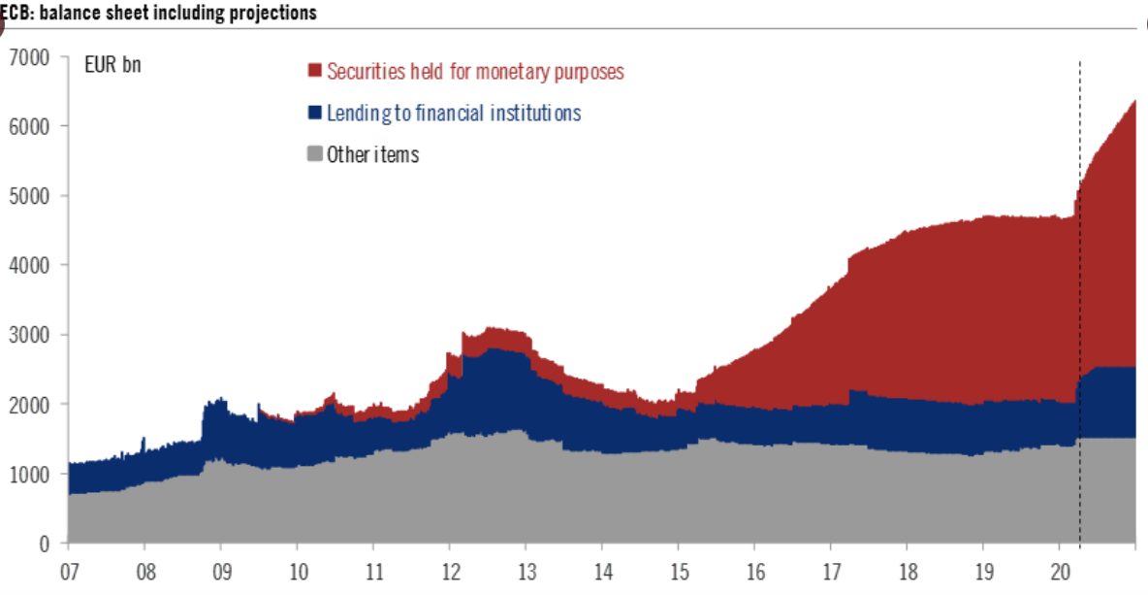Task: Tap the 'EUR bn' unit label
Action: [x=112, y=66]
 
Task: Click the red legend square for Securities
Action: [x=314, y=71]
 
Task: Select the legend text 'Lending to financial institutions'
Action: [x=454, y=113]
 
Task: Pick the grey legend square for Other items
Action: [x=314, y=154]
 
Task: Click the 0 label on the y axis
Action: [x=44, y=544]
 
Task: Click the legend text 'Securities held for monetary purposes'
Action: [x=475, y=71]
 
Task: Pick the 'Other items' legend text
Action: [x=372, y=154]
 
